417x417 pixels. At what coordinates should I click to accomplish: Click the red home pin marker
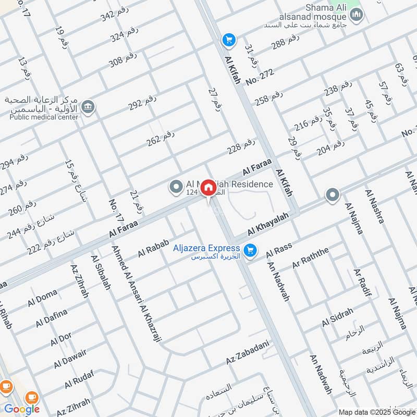pyautogui.click(x=208, y=187)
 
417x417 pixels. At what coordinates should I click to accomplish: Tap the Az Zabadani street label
pyautogui.click(x=248, y=352)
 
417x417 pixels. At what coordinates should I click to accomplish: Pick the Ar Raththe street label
pyautogui.click(x=311, y=258)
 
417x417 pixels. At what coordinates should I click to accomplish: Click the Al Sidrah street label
pyautogui.click(x=337, y=317)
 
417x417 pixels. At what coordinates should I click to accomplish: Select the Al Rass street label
pyautogui.click(x=279, y=250)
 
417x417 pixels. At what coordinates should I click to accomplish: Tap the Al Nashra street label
pyautogui.click(x=375, y=207)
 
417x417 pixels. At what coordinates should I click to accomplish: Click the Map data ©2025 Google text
pyautogui.click(x=376, y=412)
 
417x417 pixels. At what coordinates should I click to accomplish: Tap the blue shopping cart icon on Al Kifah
pyautogui.click(x=228, y=40)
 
